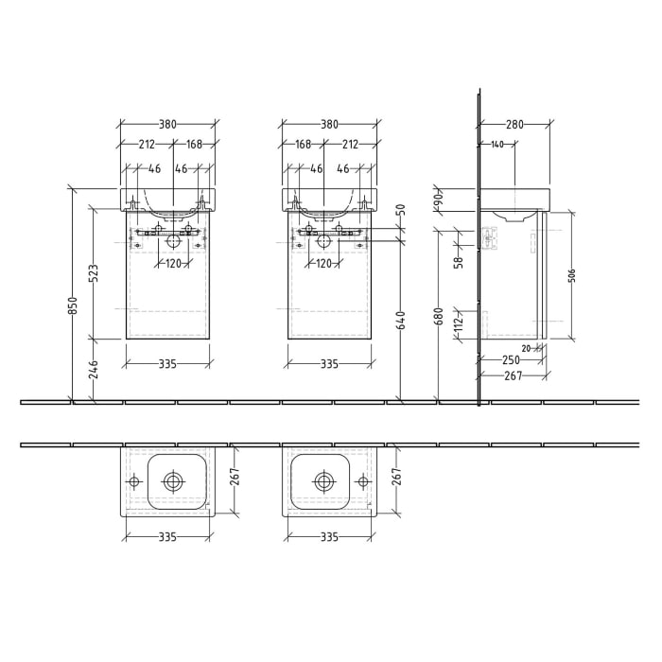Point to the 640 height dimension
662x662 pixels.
coord(403,322)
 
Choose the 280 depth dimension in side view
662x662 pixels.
coord(515,124)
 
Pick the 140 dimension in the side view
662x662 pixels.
coord(496,145)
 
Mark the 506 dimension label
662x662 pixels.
coord(572,275)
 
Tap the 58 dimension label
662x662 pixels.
coord(459,262)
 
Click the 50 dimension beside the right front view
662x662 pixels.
coord(401,209)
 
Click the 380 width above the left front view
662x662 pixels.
coord(169,124)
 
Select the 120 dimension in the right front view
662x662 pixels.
coord(323,264)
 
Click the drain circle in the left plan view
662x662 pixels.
coord(173,481)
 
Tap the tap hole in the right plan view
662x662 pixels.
coord(359,481)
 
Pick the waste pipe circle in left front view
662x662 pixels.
coord(173,241)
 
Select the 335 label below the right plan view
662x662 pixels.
coord(329,537)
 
